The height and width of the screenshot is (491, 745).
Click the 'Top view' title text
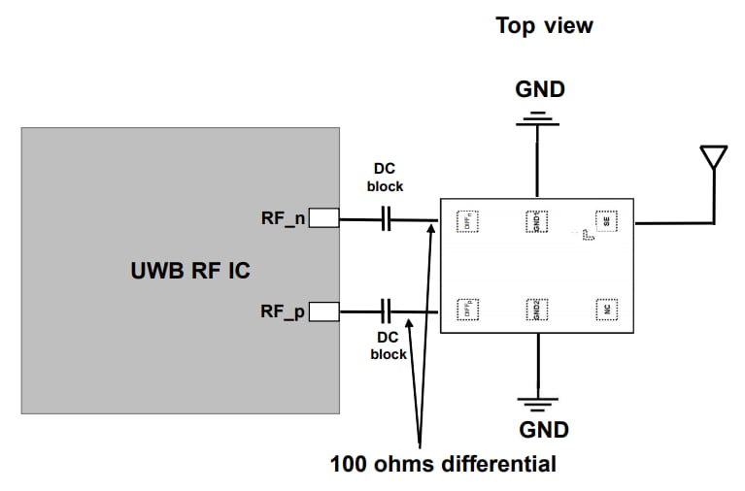[x=544, y=25]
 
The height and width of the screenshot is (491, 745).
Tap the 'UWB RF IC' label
[x=189, y=271]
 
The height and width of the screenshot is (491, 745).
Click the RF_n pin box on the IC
[x=323, y=219]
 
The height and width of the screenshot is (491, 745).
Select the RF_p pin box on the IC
[x=323, y=311]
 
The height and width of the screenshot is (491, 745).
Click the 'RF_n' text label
[x=283, y=219]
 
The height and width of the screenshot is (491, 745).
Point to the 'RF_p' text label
[x=283, y=311]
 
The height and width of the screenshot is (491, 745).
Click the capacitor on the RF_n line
[x=386, y=220]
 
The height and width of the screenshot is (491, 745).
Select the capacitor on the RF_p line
[x=386, y=311]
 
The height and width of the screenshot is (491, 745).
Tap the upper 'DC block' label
[x=385, y=178]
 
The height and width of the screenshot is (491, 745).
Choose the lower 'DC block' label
[x=389, y=346]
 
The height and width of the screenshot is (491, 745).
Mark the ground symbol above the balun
[x=535, y=120]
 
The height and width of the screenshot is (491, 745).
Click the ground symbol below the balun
[x=535, y=401]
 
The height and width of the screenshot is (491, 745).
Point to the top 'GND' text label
[x=539, y=90]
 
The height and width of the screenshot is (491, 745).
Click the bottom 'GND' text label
[x=543, y=429]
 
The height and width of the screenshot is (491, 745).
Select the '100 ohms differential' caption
[x=443, y=464]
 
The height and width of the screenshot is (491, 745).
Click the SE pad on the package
[x=606, y=221]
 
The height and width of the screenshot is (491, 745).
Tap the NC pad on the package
[x=606, y=310]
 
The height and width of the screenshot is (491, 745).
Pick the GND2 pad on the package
[x=535, y=310]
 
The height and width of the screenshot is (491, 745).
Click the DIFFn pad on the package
[x=468, y=221]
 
